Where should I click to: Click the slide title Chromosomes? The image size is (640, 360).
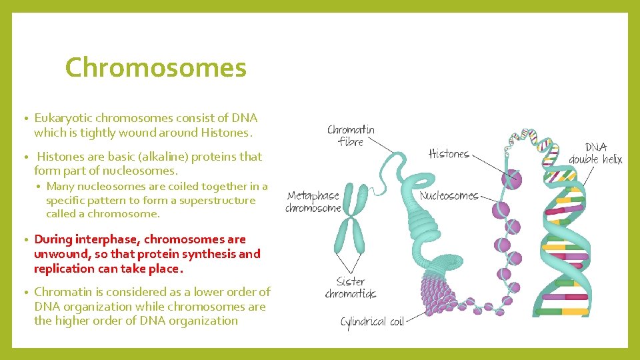coord(156,68)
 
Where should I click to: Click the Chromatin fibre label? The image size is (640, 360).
coord(351,135)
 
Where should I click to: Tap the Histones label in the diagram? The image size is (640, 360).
coord(449,154)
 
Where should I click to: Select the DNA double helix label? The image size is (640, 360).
coord(595,153)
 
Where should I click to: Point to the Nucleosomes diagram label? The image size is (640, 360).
coord(449,196)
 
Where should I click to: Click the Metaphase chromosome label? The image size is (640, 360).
coord(313,202)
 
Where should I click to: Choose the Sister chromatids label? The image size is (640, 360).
coord(351,287)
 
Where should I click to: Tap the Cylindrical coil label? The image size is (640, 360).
coord(372,322)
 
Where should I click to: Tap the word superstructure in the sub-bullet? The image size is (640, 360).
coord(220,200)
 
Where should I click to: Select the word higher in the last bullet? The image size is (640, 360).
coord(70,321)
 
